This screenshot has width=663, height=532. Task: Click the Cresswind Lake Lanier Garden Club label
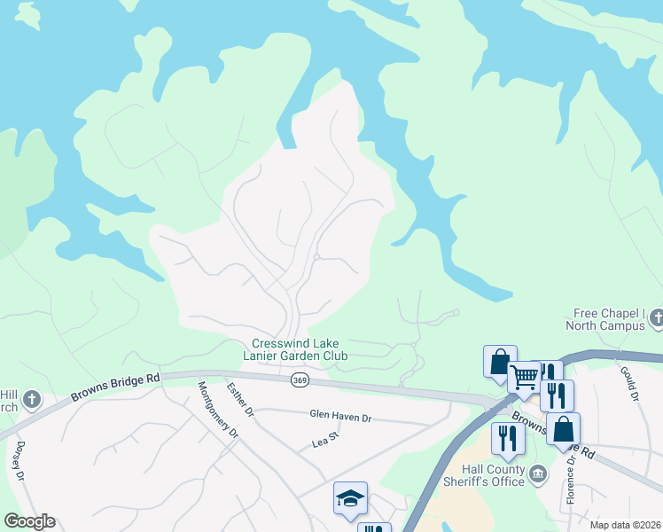point(298,349)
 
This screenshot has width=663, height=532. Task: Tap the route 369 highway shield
point(300,379)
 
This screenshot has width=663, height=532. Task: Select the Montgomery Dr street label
point(218,410)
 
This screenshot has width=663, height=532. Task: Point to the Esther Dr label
point(240,400)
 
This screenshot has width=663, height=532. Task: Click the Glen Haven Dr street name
point(340,415)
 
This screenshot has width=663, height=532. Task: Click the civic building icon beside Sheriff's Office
point(538,474)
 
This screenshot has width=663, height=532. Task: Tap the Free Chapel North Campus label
point(609,319)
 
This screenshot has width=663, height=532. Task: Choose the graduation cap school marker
point(350,498)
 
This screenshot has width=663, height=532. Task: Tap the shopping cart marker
point(524,377)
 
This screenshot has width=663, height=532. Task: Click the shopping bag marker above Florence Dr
point(563,429)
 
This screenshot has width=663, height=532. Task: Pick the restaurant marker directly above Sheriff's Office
point(508,439)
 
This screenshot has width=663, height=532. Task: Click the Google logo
point(29,521)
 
